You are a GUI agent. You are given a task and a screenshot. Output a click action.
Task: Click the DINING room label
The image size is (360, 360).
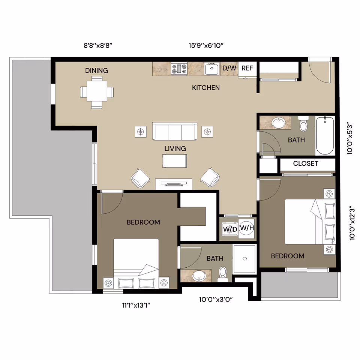[x=96, y=70]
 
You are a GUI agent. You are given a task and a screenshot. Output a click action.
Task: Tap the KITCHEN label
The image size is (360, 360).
[x=206, y=88]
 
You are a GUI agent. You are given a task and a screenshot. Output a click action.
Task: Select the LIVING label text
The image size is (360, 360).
[x=175, y=148]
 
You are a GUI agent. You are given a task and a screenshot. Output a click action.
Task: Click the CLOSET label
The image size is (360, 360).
[x=306, y=163]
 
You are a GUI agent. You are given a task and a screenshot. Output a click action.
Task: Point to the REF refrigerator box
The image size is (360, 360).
[x=247, y=68]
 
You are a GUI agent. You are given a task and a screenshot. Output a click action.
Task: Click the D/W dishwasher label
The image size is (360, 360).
[x=229, y=68]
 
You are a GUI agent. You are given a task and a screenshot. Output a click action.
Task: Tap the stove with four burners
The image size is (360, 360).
[x=179, y=69]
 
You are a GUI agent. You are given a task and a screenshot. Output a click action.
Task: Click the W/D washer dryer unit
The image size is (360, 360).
[x=230, y=229]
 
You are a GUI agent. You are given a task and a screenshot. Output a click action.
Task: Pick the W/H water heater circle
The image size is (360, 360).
[x=246, y=228]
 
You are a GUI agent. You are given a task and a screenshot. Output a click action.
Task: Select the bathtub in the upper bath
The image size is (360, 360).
[x=325, y=135]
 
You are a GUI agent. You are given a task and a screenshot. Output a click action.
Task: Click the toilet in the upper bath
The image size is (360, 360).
[x=303, y=124]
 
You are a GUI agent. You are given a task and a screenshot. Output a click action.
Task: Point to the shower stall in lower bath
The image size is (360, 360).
[x=244, y=258]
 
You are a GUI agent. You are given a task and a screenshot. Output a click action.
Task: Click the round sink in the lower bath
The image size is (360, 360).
[x=198, y=276]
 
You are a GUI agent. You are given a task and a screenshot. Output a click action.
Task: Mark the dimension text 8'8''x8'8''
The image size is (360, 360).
[x=98, y=46]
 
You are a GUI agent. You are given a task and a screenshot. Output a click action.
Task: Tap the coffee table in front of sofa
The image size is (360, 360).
[x=174, y=160]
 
